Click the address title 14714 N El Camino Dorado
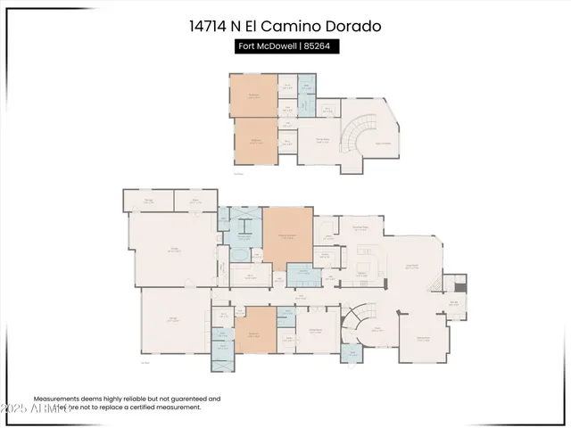285,26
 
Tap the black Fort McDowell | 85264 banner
285,46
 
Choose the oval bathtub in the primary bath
241,255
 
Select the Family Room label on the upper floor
324,140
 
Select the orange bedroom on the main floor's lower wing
254,335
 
